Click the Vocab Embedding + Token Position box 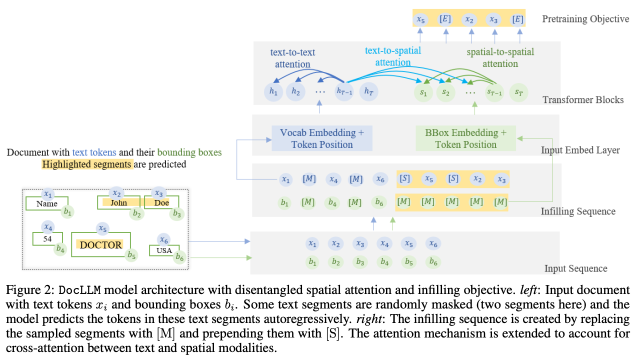point(322,138)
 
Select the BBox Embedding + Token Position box point(465,138)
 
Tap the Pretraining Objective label point(585,19)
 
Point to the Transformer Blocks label point(583,99)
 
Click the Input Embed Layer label point(580,150)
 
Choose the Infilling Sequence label point(578,211)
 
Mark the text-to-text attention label point(292,58)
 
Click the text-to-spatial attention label point(393,56)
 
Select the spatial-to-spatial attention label point(500,57)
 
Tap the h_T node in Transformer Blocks point(369,91)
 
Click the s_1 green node point(423,92)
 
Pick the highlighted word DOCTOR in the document point(101,244)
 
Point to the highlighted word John point(118,202)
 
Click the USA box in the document point(164,250)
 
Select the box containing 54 point(47,239)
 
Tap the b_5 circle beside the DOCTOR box point(131,255)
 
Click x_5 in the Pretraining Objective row point(420,19)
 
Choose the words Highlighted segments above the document point(87,164)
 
